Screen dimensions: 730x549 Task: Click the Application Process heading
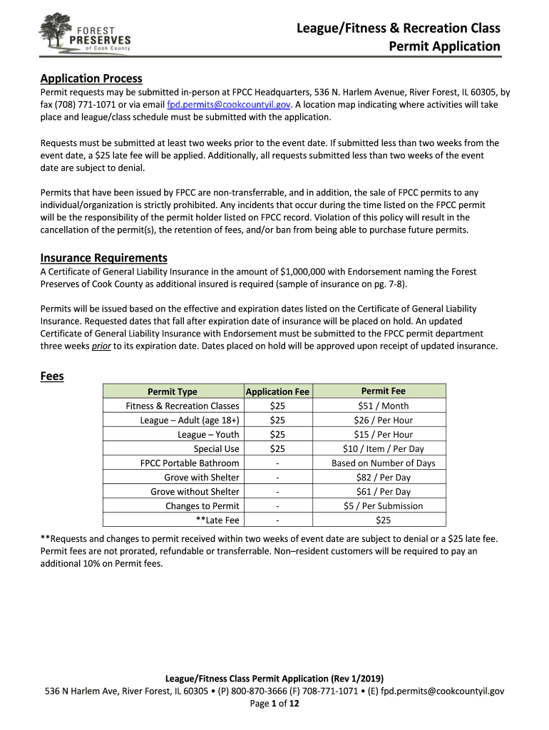click(x=91, y=78)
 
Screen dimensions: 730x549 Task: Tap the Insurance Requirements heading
click(x=104, y=257)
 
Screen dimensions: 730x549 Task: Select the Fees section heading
click(x=52, y=376)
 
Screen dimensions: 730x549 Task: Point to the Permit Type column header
click(x=172, y=391)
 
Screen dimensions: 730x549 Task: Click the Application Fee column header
click(x=277, y=391)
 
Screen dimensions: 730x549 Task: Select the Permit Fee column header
click(x=383, y=391)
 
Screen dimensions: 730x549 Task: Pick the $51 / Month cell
click(x=383, y=406)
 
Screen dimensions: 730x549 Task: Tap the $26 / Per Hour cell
click(x=383, y=420)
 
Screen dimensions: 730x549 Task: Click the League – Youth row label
click(x=208, y=434)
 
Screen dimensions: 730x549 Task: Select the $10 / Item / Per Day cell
click(x=383, y=448)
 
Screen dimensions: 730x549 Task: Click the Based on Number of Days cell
click(x=383, y=463)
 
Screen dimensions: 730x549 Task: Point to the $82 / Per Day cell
click(x=383, y=477)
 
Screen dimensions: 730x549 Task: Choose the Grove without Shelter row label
click(x=195, y=491)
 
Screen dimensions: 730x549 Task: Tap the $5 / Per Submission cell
click(x=383, y=505)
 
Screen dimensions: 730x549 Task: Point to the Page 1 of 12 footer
click(x=274, y=704)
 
